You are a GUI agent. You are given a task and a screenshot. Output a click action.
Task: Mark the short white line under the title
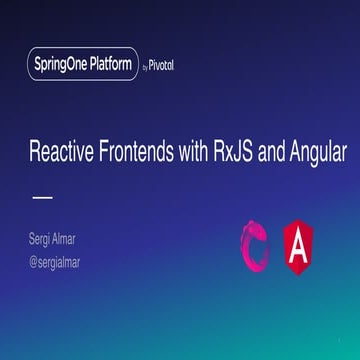pos(42,197)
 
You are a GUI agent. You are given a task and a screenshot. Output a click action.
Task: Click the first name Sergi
pos(44,238)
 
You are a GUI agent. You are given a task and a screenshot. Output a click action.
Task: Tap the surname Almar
pos(74,238)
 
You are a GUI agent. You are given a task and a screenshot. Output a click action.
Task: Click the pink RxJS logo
pos(256,246)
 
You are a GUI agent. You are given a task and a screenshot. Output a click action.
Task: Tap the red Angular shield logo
pos(299,246)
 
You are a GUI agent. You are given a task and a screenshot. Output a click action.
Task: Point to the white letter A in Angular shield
pos(299,247)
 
